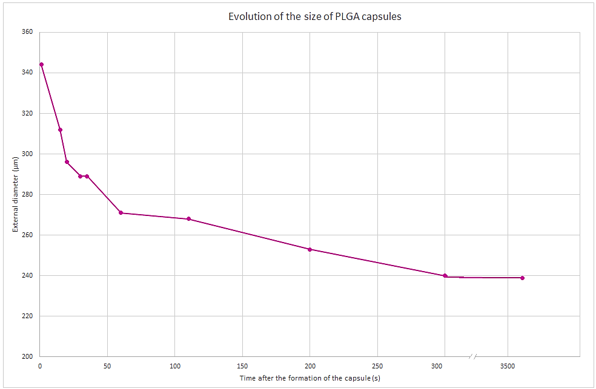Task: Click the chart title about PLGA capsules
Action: (314, 17)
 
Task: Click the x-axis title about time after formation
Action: (310, 378)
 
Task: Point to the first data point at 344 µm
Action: (41, 64)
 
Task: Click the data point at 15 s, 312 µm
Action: (60, 129)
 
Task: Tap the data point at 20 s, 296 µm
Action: (67, 162)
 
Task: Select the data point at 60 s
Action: (121, 213)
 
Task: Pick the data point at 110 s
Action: (188, 219)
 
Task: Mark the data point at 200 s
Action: (310, 249)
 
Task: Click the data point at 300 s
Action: (445, 276)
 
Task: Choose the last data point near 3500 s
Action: (522, 278)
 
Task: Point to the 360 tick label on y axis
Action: (28, 32)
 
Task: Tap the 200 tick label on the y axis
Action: (28, 356)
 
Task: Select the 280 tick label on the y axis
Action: (28, 194)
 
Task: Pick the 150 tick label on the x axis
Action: (242, 366)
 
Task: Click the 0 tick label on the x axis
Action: (40, 366)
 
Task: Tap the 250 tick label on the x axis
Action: (377, 366)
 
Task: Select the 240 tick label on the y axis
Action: (28, 275)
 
